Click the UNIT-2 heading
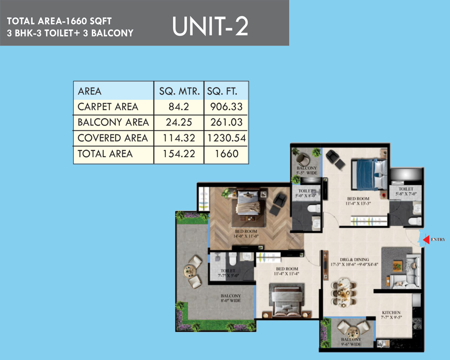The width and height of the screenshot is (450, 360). [210, 26]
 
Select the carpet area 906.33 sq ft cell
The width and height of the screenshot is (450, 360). [226, 107]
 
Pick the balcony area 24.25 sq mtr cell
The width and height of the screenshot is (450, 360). [179, 122]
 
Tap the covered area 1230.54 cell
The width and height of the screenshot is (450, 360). [226, 138]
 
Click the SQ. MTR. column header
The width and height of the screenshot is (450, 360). [179, 91]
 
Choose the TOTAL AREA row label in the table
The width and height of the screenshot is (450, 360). [105, 154]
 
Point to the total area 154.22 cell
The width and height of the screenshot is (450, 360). [179, 154]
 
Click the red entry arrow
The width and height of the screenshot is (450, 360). [426, 240]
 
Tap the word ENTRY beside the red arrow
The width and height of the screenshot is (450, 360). [438, 240]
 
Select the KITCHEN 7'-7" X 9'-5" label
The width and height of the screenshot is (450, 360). [391, 315]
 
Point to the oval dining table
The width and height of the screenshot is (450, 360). [343, 292]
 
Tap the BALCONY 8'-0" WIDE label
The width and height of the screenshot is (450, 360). [231, 298]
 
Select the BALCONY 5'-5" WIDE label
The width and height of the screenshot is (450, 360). [306, 170]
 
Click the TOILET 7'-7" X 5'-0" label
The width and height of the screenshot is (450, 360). [228, 273]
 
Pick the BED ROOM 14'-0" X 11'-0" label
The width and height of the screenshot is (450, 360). [246, 234]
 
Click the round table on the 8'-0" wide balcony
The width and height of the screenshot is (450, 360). [189, 270]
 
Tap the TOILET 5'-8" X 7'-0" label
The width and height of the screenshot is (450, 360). [406, 192]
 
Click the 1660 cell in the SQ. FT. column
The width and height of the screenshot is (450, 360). [226, 154]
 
